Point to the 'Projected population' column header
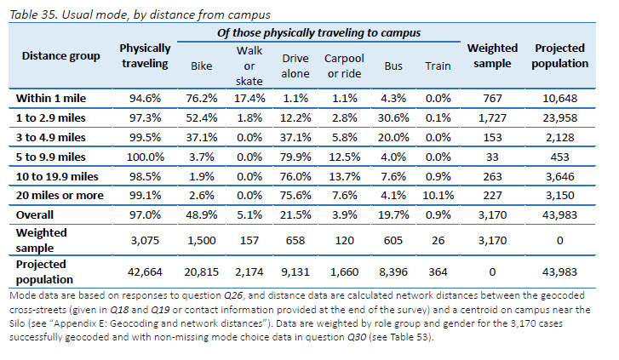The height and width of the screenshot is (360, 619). coord(560,56)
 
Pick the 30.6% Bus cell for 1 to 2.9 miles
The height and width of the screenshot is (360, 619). coord(393,117)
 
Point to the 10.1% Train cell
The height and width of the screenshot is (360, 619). coord(438,195)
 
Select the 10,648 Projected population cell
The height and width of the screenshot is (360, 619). coord(560,98)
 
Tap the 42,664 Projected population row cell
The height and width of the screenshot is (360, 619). coord(145,271)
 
